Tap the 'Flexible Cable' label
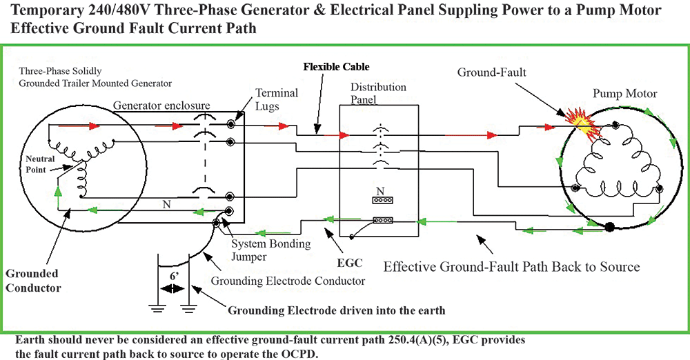[x=336, y=67]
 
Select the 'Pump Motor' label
[x=625, y=93]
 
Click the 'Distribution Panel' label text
[x=378, y=93]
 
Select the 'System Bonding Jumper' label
[x=270, y=249]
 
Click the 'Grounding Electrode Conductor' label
[x=288, y=281]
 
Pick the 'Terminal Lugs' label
[x=277, y=99]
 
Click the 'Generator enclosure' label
[x=161, y=105]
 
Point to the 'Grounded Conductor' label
[x=33, y=280]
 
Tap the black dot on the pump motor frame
[x=609, y=226]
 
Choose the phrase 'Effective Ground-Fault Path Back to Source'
[x=511, y=266]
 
